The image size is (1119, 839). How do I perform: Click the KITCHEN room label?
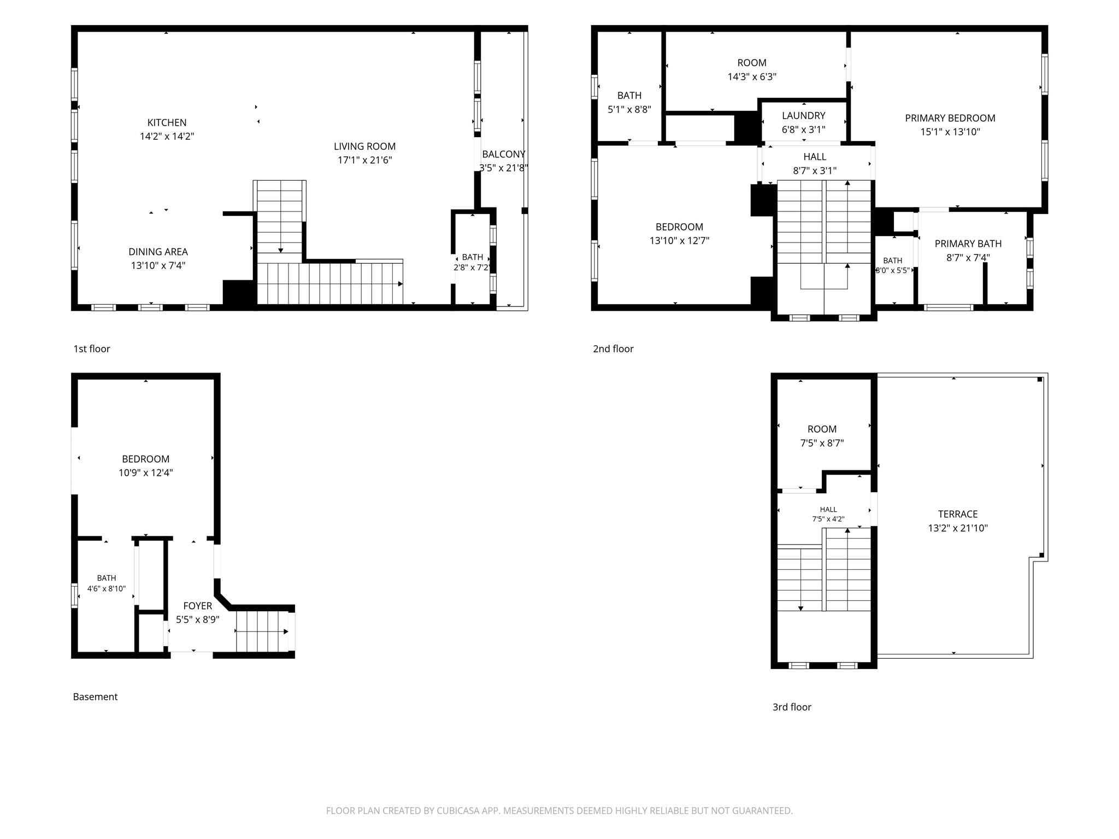click(167, 123)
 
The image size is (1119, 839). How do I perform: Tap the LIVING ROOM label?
click(364, 146)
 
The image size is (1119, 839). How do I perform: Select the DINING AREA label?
click(158, 252)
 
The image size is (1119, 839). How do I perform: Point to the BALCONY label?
click(504, 154)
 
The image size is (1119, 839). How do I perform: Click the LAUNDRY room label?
click(803, 116)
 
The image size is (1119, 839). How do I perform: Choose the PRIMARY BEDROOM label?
click(950, 118)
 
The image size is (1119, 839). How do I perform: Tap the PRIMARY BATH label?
click(968, 244)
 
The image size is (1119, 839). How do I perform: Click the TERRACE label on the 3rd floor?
click(958, 514)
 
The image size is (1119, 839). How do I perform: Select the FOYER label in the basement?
click(197, 606)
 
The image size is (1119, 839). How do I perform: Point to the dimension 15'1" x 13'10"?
click(950, 132)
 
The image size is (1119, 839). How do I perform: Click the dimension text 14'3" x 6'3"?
click(752, 76)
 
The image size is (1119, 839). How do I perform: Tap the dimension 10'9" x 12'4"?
click(146, 472)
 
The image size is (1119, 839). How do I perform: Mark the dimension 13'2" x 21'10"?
click(958, 528)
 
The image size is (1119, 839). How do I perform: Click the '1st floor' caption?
click(92, 348)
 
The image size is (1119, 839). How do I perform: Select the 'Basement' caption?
click(95, 696)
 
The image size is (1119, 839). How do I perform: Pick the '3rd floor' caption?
click(792, 707)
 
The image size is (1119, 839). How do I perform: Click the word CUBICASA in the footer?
click(457, 811)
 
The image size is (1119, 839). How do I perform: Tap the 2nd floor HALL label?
click(815, 157)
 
